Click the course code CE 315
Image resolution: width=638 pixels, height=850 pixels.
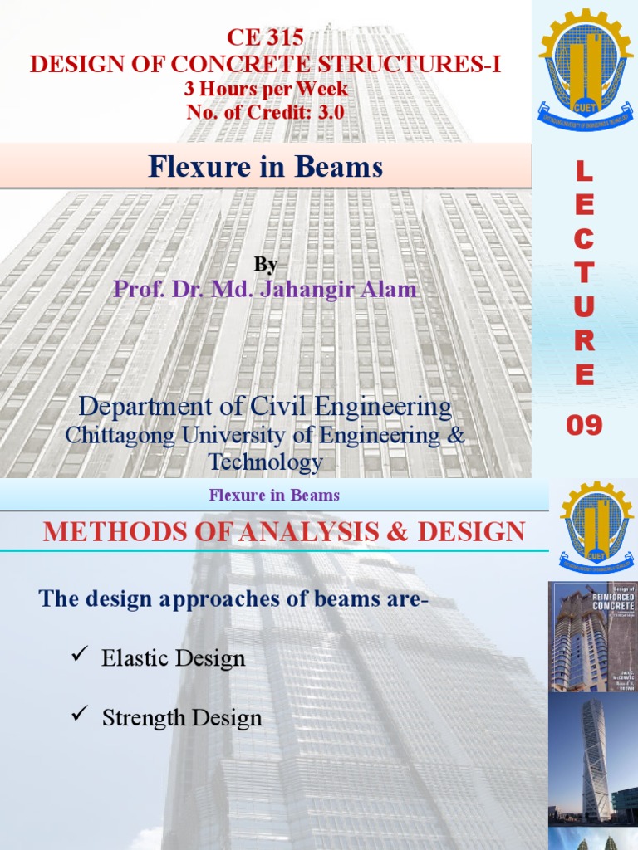point(265,38)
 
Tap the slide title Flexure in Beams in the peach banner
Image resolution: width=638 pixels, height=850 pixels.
point(266,168)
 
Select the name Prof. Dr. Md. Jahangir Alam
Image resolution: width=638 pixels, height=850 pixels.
point(266,290)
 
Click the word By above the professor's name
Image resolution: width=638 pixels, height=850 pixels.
point(266,265)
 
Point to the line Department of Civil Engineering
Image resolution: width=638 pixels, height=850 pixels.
point(266,408)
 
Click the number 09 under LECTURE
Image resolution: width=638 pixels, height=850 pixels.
point(585,426)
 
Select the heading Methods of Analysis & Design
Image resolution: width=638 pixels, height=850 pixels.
point(284,531)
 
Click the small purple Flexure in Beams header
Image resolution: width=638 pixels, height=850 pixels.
point(274,496)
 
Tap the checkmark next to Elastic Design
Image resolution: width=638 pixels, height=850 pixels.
point(81,657)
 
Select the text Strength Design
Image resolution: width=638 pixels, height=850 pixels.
point(182,718)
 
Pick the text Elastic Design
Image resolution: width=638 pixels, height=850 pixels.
point(174,659)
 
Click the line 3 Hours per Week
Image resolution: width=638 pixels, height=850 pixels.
point(266,88)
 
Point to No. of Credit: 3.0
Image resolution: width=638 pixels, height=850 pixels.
point(266,112)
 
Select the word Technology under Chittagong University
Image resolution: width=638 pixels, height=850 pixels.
point(266,462)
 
